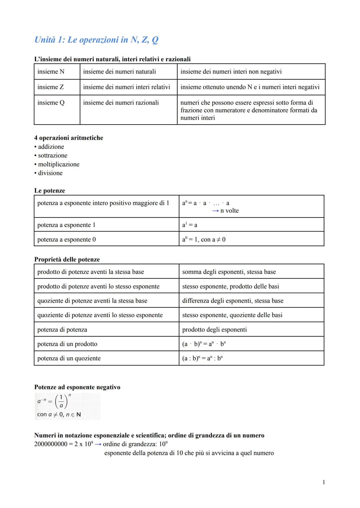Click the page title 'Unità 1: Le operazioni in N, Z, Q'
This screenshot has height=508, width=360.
96,40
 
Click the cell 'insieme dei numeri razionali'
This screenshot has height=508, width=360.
121,103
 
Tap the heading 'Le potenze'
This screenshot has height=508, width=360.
50,191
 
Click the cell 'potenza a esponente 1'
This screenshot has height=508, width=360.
66,225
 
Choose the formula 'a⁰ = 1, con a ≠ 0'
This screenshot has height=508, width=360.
204,239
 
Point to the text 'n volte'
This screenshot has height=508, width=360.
229,211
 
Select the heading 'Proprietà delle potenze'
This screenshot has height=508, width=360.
67,259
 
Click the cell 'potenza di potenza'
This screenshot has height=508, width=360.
62,329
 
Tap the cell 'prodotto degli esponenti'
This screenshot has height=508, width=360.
214,329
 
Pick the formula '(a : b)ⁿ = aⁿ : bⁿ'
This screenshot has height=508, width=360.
202,358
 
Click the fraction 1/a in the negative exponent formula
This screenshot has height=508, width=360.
61,401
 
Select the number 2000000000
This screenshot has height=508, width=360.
51,444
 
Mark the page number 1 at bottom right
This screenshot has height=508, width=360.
324,482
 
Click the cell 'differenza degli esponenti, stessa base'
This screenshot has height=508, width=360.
233,301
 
